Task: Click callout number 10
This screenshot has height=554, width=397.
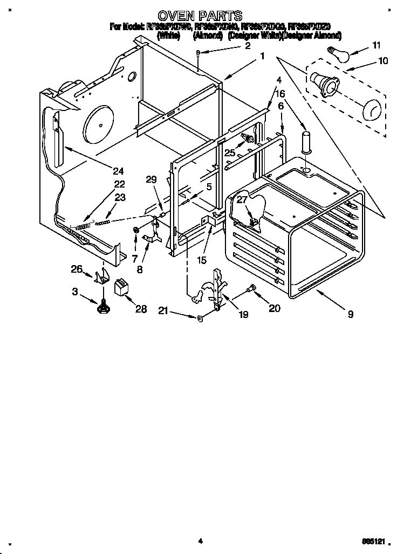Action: (x=383, y=61)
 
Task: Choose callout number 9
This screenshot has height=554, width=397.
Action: (x=351, y=314)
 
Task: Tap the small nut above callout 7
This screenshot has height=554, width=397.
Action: (x=136, y=231)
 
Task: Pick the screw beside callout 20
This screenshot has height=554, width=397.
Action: (x=250, y=290)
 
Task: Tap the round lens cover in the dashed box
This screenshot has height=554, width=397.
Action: (x=371, y=110)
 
